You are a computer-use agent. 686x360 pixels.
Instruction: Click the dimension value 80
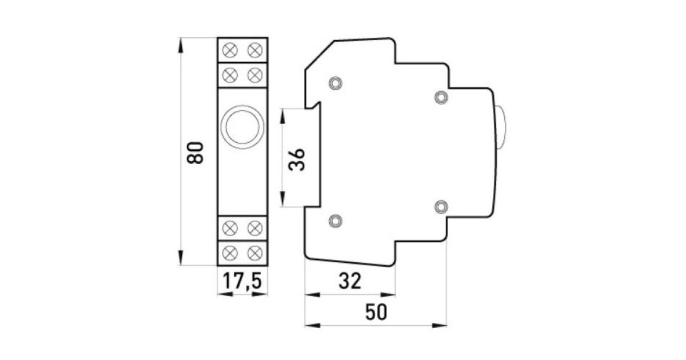[195, 153]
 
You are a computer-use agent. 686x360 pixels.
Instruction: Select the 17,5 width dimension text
[242, 281]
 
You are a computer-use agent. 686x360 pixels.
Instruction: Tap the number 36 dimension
[297, 159]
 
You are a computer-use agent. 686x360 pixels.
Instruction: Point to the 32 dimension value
[350, 281]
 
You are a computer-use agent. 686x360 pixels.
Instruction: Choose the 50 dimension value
[376, 312]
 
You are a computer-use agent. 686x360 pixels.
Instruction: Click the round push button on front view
[242, 127]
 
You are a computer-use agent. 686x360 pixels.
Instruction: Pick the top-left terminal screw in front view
[230, 50]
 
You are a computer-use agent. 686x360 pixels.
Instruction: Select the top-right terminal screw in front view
[255, 50]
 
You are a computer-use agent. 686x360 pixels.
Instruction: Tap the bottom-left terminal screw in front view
[230, 253]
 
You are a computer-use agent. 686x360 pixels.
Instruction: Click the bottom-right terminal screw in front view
[255, 253]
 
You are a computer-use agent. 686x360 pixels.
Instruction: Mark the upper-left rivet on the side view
[336, 83]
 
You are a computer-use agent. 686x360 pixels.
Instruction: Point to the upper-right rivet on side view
[441, 97]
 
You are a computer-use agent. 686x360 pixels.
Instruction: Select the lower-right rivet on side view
[441, 207]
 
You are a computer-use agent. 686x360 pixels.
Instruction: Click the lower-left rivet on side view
[336, 221]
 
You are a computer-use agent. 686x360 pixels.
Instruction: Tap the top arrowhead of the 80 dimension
[181, 45]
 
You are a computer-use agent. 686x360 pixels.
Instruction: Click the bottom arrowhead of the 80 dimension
[181, 258]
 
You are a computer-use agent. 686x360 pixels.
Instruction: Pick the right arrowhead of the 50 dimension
[439, 325]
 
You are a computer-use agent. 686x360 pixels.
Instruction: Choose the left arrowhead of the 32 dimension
[312, 295]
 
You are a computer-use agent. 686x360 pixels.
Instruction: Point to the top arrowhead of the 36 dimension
[282, 117]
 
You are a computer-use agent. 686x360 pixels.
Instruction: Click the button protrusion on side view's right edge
[501, 127]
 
